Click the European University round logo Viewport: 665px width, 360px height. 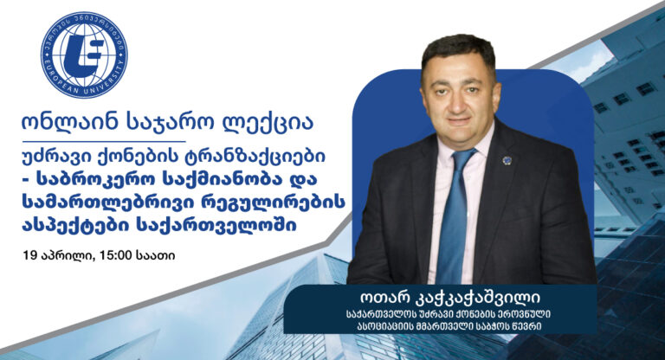pos(84,55)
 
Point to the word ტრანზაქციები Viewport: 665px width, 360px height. pos(255,157)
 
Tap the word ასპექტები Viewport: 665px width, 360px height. pos(74,226)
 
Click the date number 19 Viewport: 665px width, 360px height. pos(29,255)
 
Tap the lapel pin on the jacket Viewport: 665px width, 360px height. pos(507,160)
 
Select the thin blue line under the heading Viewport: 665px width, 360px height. pos(104,141)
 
